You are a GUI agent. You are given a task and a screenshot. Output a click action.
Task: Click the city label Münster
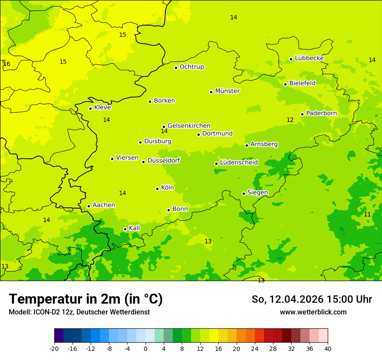pyautogui.click(x=227, y=91)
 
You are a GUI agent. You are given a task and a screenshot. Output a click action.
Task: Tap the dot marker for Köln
pyautogui.click(x=158, y=189)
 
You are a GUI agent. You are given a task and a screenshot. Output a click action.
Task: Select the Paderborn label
pyautogui.click(x=321, y=113)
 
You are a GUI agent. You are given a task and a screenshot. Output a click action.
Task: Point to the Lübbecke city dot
pyautogui.click(x=291, y=59)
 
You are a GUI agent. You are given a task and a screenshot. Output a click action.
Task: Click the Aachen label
pyautogui.click(x=104, y=205)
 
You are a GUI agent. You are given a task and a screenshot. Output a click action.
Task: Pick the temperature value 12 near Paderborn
pyautogui.click(x=290, y=120)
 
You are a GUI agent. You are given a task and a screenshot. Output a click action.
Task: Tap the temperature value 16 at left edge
pyautogui.click(x=7, y=64)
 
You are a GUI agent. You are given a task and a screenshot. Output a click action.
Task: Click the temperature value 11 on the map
pyautogui.click(x=367, y=215)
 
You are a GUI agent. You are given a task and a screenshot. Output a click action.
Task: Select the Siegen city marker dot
pyautogui.click(x=244, y=193)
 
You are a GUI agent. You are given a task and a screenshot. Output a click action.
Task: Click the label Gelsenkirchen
pyautogui.click(x=189, y=126)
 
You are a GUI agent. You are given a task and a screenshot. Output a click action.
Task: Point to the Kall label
pyautogui.click(x=135, y=228)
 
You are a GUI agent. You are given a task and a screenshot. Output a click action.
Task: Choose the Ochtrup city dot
pyautogui.click(x=176, y=68)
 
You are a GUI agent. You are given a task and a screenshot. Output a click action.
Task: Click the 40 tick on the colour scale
pyautogui.click(x=327, y=348)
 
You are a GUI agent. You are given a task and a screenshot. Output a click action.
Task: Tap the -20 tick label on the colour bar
pyautogui.click(x=54, y=348)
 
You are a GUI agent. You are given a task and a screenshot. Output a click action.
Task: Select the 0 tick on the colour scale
pyautogui.click(x=145, y=348)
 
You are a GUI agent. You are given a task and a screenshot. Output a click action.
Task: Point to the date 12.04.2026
pyautogui.click(x=296, y=299)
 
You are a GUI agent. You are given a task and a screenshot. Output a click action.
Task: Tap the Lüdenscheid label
pyautogui.click(x=239, y=163)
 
